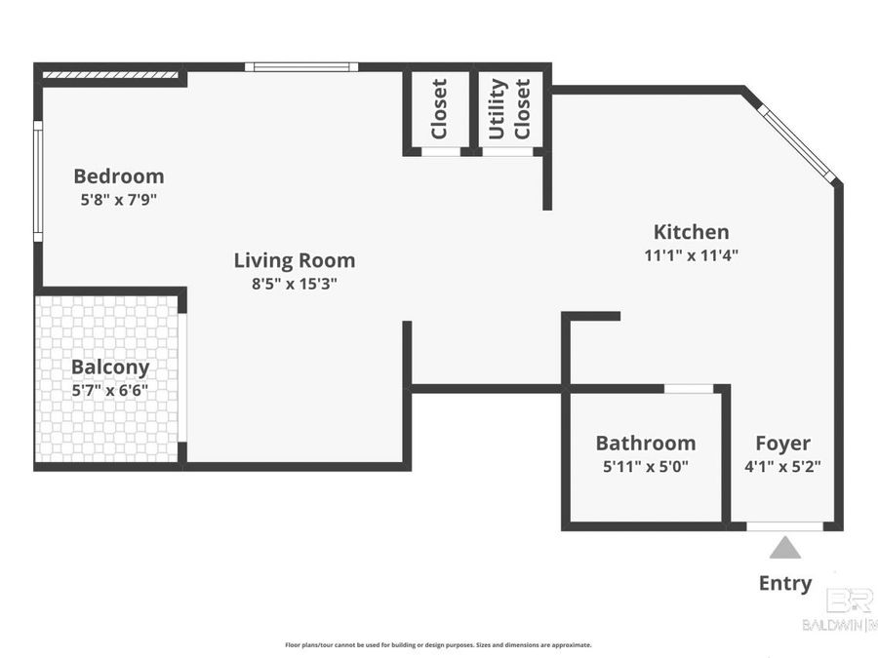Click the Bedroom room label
tap(119, 176)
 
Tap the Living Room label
tap(294, 260)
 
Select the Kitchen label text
tap(691, 232)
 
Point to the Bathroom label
tap(645, 444)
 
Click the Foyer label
tap(782, 444)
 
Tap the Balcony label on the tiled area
tap(110, 368)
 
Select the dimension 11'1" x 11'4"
tap(691, 255)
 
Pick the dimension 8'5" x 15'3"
tap(294, 284)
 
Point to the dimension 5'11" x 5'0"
tap(645, 466)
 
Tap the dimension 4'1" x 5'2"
tap(782, 466)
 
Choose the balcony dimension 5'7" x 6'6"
tap(110, 390)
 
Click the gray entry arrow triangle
tap(784, 549)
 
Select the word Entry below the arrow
tap(784, 583)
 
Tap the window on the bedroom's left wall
tap(37, 180)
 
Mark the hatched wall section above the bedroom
tap(110, 73)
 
